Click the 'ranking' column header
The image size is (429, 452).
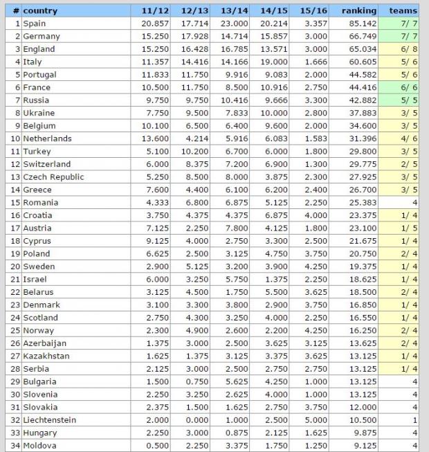tap(359, 11)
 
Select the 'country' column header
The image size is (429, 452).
tap(40, 11)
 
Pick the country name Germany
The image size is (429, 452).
tap(42, 36)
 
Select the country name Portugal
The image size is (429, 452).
tap(41, 75)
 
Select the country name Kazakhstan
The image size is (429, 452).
tap(47, 356)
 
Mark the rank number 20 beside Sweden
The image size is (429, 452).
tap(14, 266)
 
